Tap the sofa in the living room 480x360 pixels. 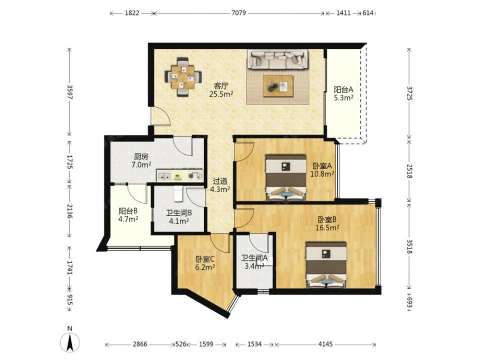pos(277,59)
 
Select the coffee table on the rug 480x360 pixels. pos(278,86)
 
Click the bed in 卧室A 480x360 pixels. pos(286,178)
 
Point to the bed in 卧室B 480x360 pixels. pos(326,265)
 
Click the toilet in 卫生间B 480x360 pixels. pos(178,194)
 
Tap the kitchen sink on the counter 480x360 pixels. pos(165,176)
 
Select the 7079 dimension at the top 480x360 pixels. pos(239,13)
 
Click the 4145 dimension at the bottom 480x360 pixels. pos(325,344)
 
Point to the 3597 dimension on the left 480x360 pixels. pos(70,92)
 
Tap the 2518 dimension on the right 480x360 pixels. pos(409,171)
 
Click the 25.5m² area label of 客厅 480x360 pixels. pos(221,94)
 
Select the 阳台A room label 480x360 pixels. pos(344,90)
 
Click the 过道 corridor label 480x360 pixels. pos(220,181)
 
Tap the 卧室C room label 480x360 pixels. pos(205,259)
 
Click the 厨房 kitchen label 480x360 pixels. pos(141,157)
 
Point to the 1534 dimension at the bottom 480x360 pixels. pos(254,344)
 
